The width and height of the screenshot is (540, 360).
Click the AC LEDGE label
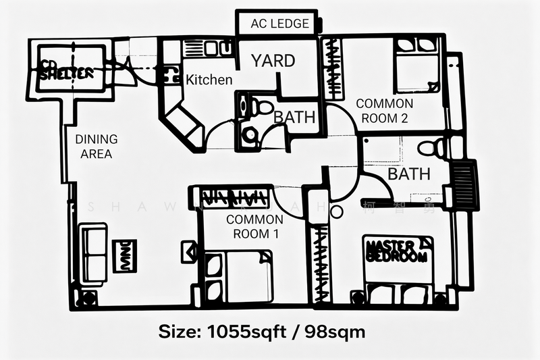(x=279, y=24)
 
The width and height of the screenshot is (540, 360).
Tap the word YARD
(x=273, y=61)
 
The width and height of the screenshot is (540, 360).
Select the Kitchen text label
(x=209, y=80)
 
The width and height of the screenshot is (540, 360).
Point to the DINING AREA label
(x=96, y=147)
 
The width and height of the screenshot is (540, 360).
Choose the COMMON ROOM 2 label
(x=384, y=111)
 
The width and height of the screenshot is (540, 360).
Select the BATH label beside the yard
(x=294, y=117)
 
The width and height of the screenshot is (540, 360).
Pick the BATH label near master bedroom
(x=409, y=174)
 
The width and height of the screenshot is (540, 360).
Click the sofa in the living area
(x=92, y=255)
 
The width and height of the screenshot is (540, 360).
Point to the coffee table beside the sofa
(x=124, y=256)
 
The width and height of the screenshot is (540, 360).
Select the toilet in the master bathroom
(x=429, y=149)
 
